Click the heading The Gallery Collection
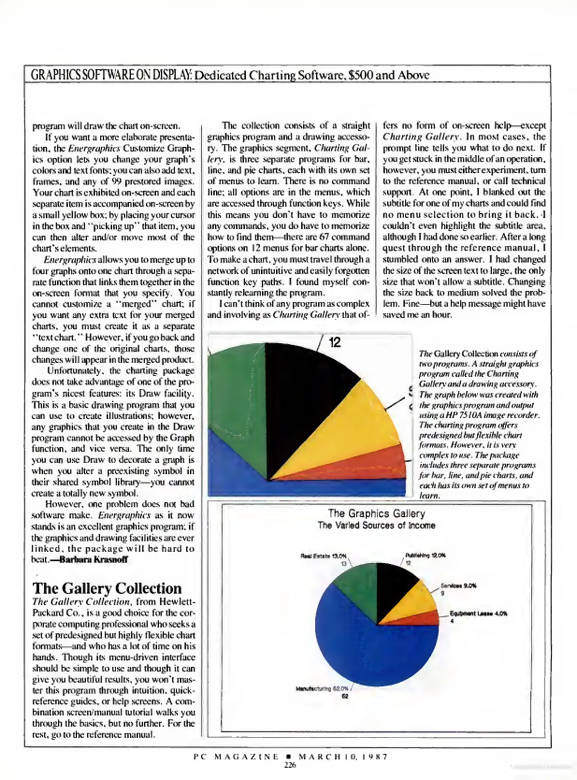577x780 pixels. click(x=107, y=588)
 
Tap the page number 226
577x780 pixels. click(x=290, y=765)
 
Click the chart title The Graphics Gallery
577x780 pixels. click(x=376, y=513)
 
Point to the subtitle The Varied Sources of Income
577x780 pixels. click(x=376, y=525)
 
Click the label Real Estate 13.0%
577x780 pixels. click(x=324, y=556)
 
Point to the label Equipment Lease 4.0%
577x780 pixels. click(x=478, y=614)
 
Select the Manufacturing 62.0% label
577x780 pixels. click(x=322, y=688)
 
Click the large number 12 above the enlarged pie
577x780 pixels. click(x=335, y=342)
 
